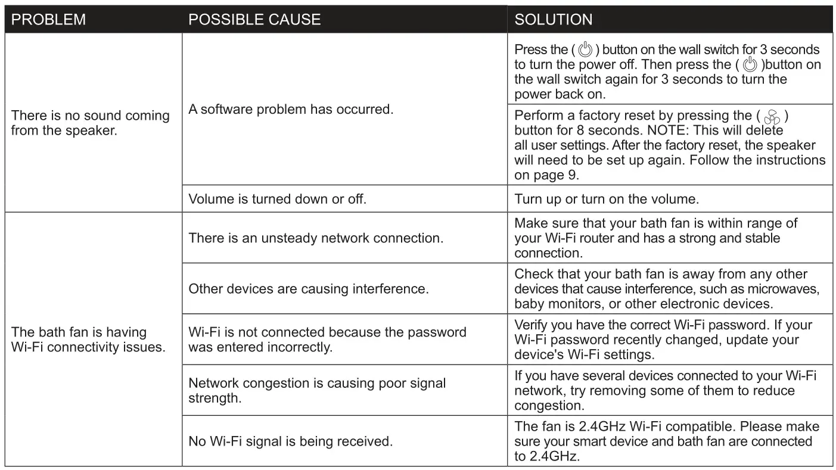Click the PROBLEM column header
coord(49,20)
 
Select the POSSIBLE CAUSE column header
coord(254,20)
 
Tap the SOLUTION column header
coord(554,20)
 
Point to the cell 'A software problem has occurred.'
coord(291,110)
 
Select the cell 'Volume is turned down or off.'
coord(277,200)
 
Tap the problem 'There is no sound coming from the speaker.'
coord(91,123)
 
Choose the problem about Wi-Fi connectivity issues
coord(88,340)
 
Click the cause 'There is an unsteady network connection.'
coord(316,238)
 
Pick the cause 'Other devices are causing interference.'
coord(309,289)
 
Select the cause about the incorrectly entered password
coord(327,340)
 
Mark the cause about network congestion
coord(317,390)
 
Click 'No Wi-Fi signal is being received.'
coord(291,441)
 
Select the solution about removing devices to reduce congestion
coord(665,390)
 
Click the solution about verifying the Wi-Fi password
coord(663,340)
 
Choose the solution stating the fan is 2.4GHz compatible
coord(666,441)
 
